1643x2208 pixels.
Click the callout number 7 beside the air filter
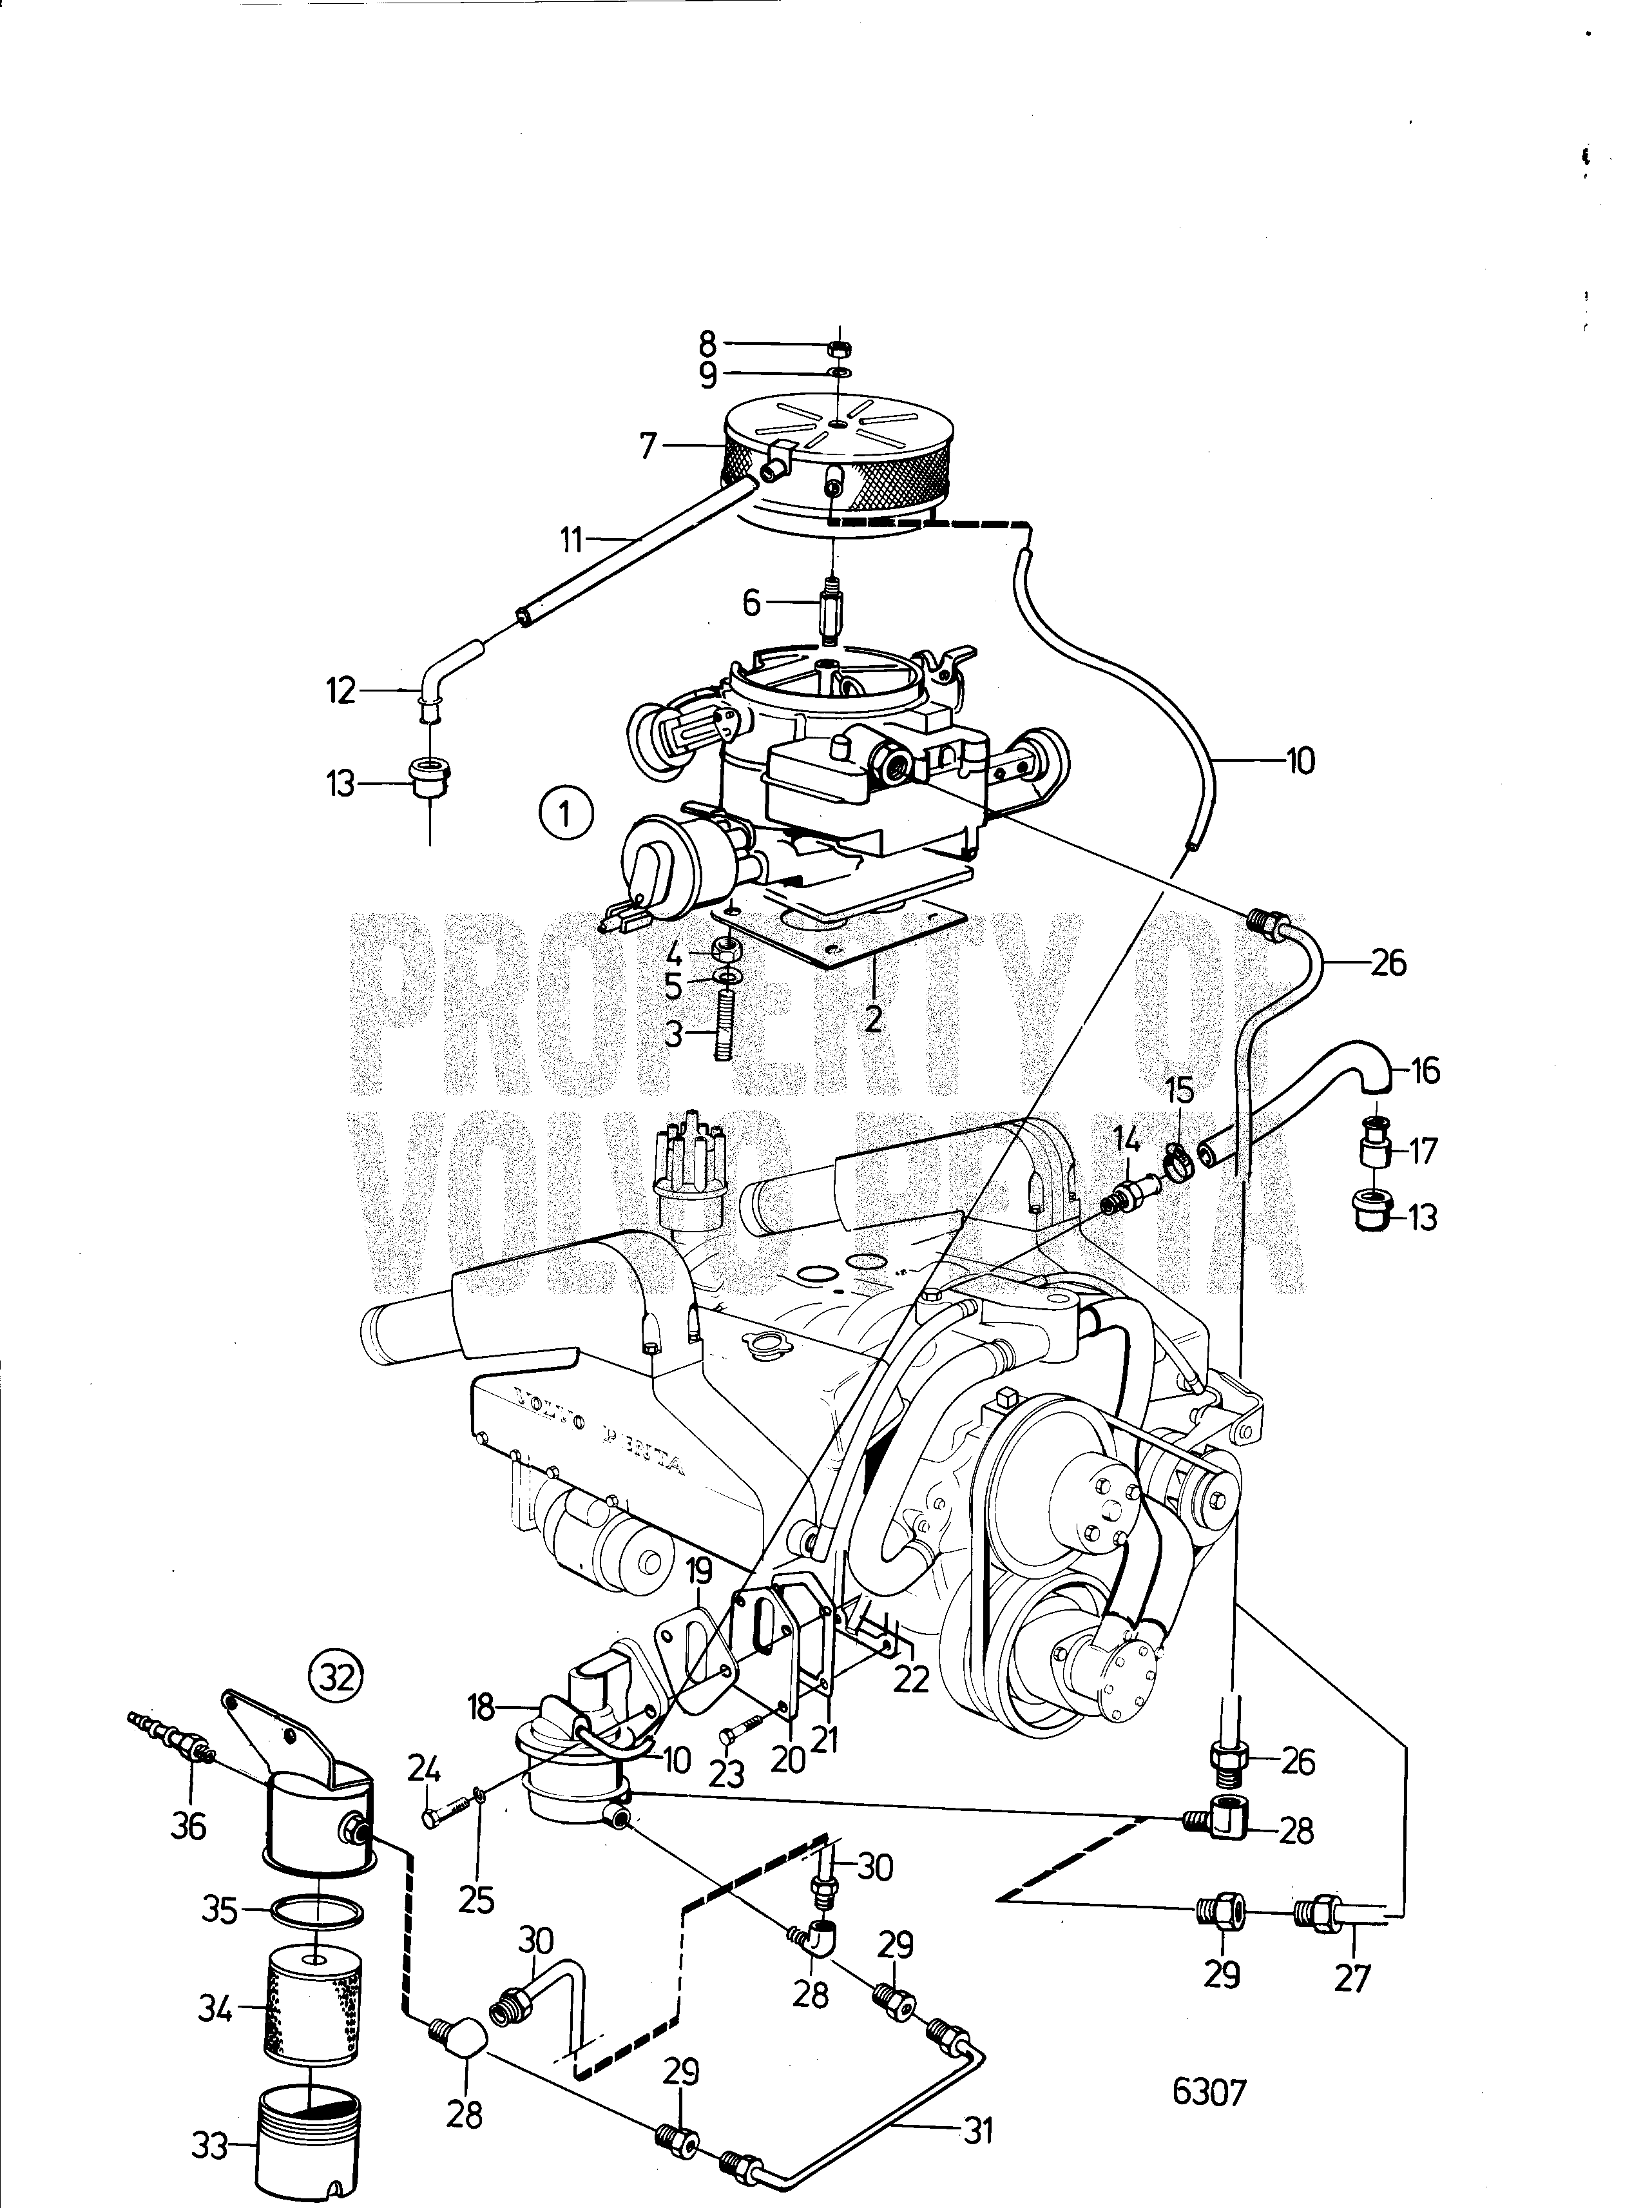coord(648,447)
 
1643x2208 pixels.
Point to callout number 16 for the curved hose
coord(1425,1072)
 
